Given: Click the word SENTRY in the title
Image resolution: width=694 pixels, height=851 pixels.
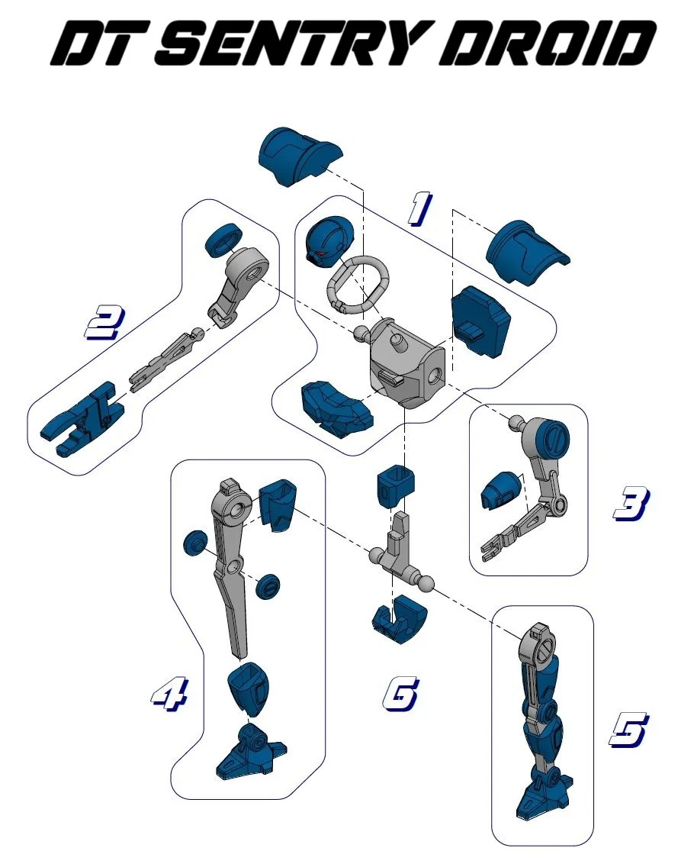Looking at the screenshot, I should point(297,44).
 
